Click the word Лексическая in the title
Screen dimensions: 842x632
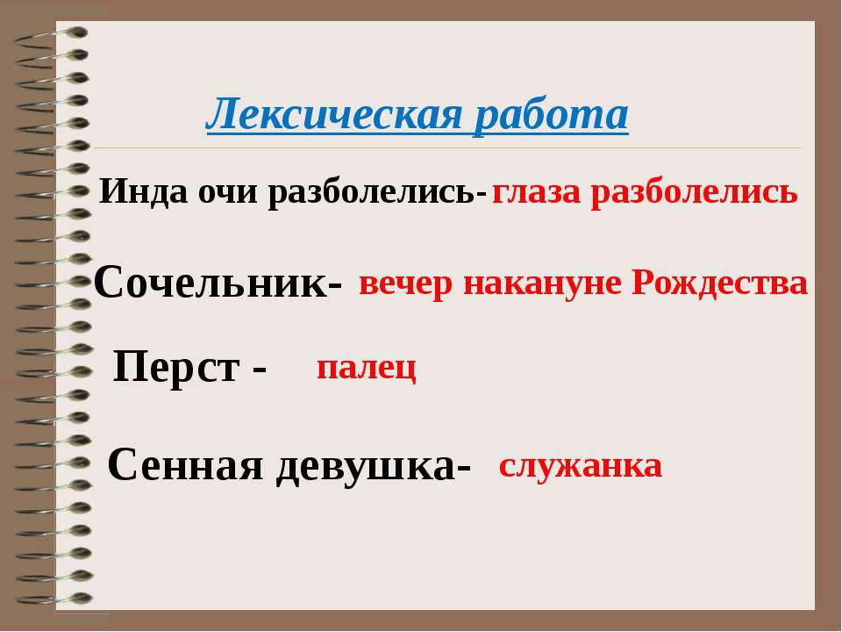point(334,115)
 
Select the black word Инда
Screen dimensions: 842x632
point(143,192)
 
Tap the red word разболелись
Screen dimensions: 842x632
point(695,193)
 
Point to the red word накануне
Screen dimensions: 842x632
point(541,284)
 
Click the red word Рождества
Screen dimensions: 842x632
point(719,283)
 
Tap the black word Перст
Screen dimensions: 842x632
point(176,367)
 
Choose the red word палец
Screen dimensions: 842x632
point(367,369)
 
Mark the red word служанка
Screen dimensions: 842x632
point(581,465)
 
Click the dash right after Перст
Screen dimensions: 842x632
point(260,370)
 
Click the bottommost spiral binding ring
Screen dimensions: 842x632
point(54,598)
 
